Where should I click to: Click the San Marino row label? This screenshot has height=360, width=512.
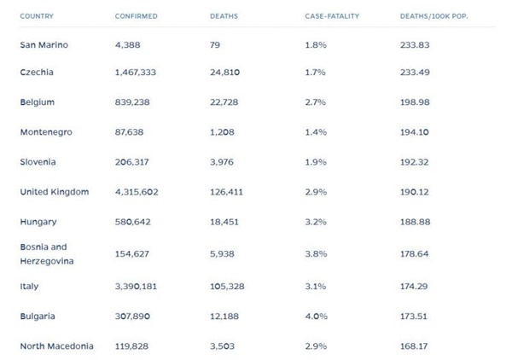[44, 44]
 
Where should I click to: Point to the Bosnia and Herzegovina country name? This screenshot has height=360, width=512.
[46, 253]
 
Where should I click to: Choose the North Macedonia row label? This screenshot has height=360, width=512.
[56, 346]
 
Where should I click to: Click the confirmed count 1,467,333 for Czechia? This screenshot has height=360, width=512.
[140, 73]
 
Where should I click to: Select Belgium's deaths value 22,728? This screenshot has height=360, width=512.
[224, 102]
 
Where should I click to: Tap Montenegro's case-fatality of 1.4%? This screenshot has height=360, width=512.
[315, 132]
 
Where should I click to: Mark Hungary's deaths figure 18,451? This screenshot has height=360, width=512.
[224, 222]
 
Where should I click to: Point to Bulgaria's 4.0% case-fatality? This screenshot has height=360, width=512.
[316, 316]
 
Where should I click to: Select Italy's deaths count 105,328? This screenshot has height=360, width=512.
[227, 287]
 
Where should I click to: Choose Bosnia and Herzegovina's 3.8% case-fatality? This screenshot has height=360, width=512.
[316, 253]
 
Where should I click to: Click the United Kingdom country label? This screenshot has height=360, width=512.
[54, 192]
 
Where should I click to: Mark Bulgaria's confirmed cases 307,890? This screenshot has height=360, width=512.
[137, 316]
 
